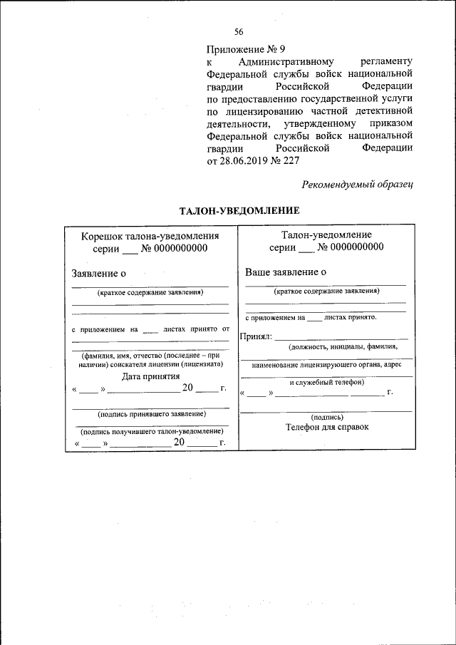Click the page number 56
[239, 31]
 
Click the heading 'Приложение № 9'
[245, 49]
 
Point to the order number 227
[291, 160]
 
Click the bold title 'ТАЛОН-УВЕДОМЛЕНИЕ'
[239, 211]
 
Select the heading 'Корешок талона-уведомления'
[150, 235]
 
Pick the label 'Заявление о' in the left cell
[99, 273]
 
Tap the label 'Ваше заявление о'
[286, 272]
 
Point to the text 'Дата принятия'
[150, 376]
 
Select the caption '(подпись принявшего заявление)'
[151, 413]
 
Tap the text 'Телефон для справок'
[328, 427]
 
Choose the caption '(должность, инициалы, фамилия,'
[343, 347]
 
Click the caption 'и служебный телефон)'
[326, 381]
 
